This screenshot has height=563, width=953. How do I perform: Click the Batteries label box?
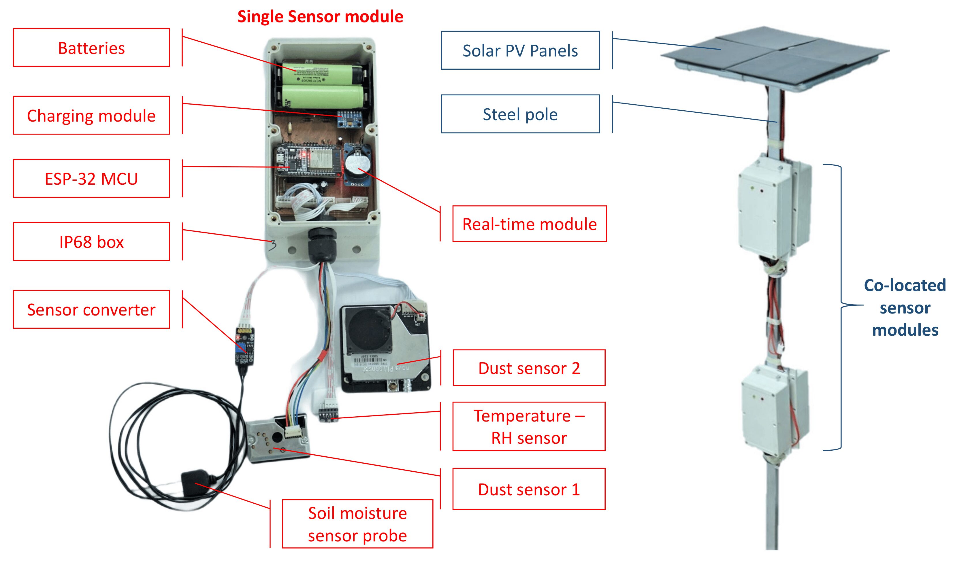pyautogui.click(x=91, y=48)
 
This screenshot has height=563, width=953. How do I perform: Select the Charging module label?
pyautogui.click(x=91, y=115)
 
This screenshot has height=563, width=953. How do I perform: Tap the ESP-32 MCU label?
pyautogui.click(x=91, y=179)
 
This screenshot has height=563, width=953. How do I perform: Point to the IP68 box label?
pyautogui.click(x=91, y=242)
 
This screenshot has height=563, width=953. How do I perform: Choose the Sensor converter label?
pyautogui.click(x=91, y=309)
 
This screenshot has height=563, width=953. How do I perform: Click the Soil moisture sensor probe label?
pyautogui.click(x=357, y=524)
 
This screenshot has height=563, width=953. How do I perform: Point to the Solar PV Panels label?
pyautogui.click(x=520, y=50)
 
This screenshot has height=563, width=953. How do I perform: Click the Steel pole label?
pyautogui.click(x=520, y=114)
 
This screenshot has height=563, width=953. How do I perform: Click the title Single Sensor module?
pyautogui.click(x=320, y=17)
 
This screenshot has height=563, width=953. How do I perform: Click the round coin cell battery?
pyautogui.click(x=357, y=165)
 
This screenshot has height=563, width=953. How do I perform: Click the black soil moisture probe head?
pyautogui.click(x=194, y=483)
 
